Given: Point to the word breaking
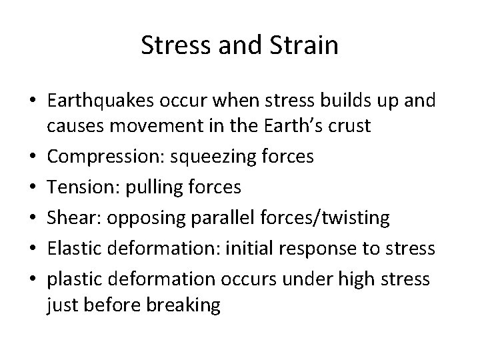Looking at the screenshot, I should [x=186, y=306].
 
